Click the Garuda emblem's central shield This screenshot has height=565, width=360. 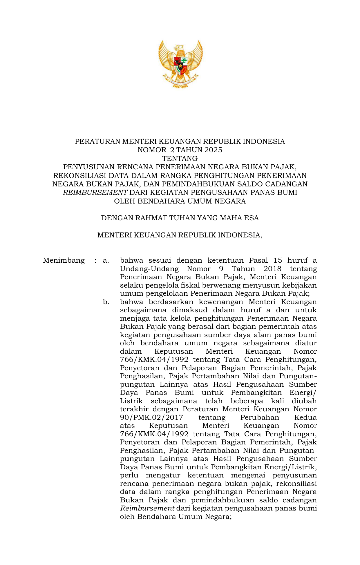coord(180,66)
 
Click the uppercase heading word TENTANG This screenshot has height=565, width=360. coord(180,159)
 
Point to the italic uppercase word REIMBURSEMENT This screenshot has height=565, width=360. coord(95,192)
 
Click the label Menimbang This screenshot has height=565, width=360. coord(64,260)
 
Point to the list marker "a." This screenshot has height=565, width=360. coord(106,260)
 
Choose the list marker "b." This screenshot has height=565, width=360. coord(106,302)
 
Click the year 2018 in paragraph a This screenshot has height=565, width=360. coord(272,269)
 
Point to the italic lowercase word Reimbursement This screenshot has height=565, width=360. coord(147,508)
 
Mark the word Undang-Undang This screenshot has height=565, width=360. coord(149,269)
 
